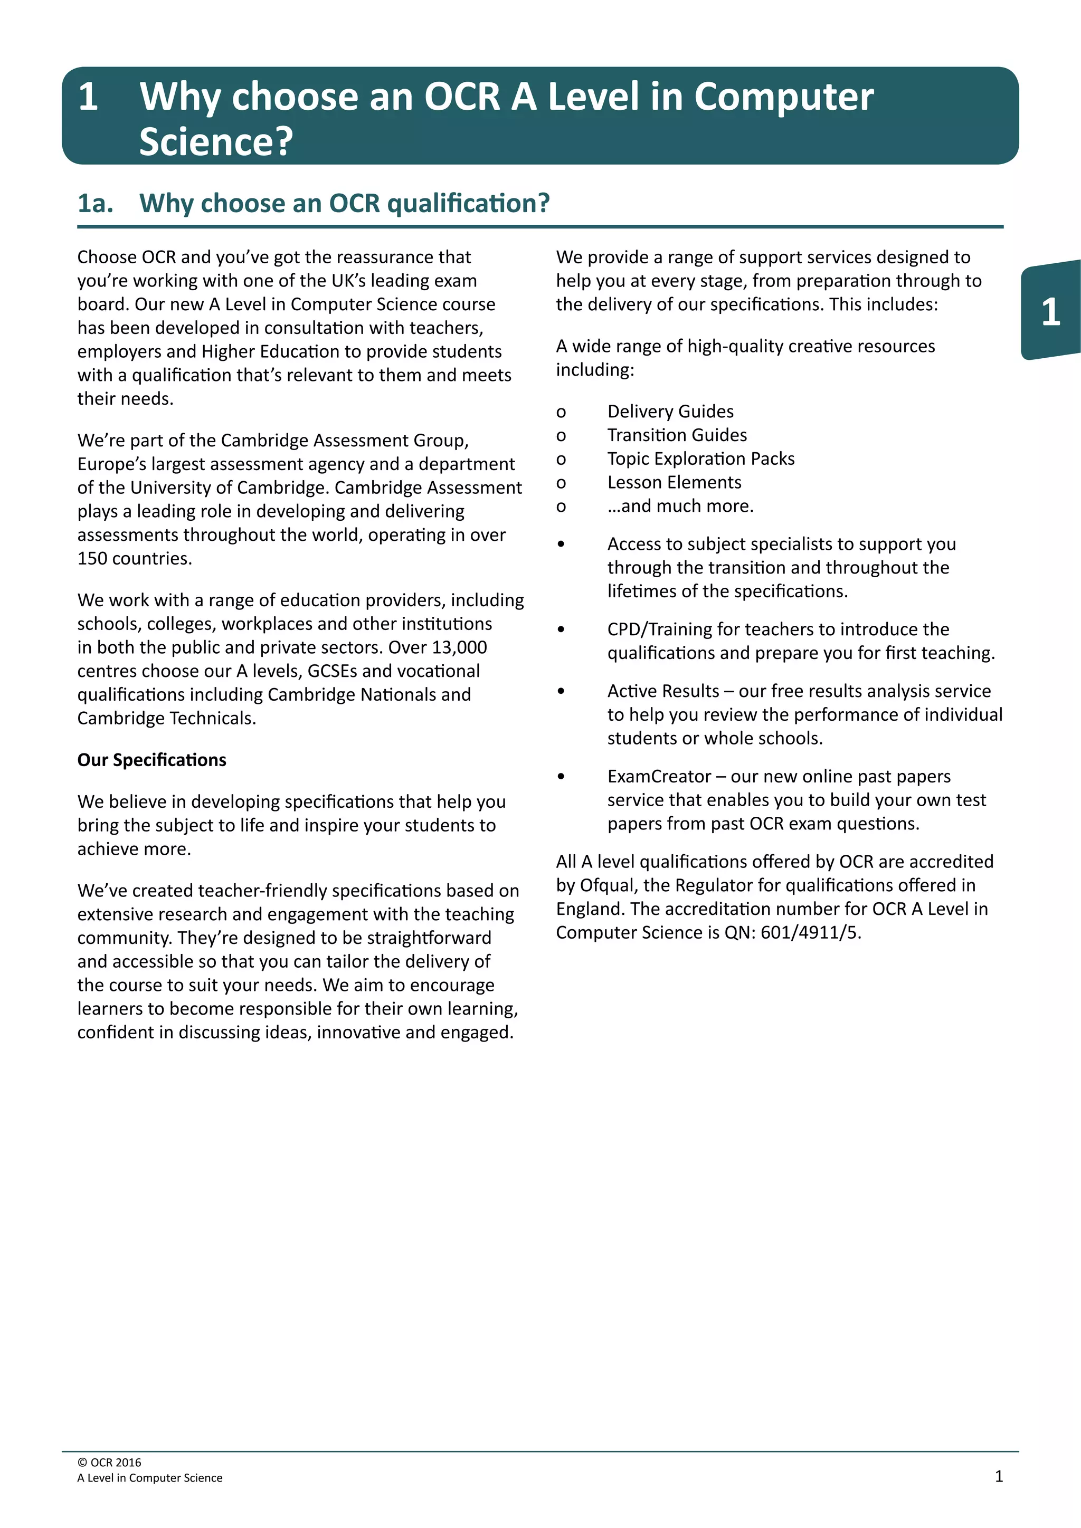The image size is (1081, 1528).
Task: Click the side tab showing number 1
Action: point(1050,311)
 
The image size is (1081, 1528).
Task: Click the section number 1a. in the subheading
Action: point(95,203)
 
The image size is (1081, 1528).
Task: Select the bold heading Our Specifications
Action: point(152,760)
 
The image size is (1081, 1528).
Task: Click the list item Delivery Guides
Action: point(670,411)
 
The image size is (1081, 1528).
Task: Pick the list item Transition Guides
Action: point(677,435)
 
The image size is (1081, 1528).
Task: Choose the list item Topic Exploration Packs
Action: point(701,459)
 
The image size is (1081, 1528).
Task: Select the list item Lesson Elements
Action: point(674,482)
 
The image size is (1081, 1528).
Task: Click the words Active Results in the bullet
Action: point(663,692)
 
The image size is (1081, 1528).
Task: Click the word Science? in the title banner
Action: point(216,142)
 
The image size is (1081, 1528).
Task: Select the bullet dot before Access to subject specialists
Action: point(561,545)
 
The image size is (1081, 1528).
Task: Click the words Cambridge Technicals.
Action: point(166,719)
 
